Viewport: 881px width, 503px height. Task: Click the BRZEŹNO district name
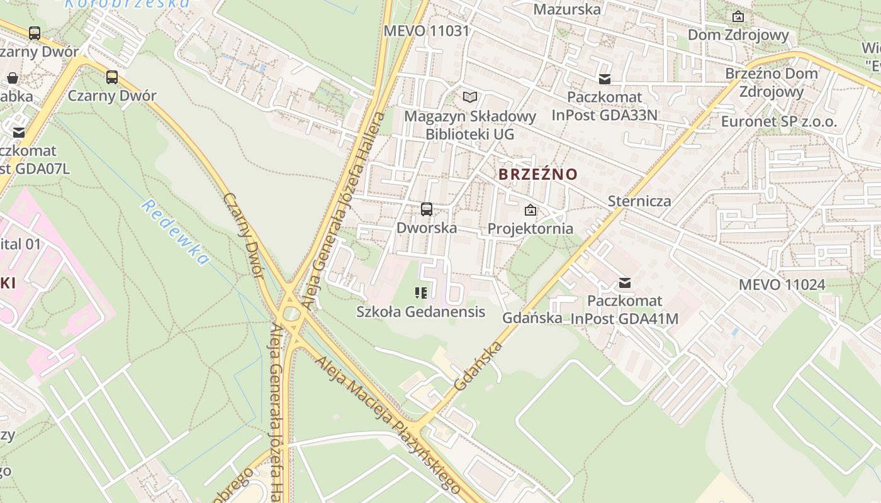coord(537,174)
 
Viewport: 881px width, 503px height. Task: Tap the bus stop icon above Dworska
coord(427,209)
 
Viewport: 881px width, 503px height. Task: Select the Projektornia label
coord(530,228)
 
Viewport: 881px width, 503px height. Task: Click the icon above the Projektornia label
coord(530,210)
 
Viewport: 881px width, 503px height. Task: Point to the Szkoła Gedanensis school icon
coord(421,292)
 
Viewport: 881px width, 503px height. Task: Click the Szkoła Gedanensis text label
coord(420,311)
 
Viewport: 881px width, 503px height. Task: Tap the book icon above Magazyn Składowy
coord(470,97)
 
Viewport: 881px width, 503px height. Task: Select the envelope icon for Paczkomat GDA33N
coord(605,79)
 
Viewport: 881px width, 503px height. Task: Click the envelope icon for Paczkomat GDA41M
coord(625,283)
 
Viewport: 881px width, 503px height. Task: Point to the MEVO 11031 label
coord(427,31)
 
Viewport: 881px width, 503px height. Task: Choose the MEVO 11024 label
coord(782,284)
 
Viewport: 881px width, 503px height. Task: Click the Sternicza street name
coord(639,201)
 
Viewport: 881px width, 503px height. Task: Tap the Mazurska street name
coord(567,9)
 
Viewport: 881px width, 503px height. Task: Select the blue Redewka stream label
coord(175,231)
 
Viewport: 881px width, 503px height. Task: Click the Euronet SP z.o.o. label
coord(779,121)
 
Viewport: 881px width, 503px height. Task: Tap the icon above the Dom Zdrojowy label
coord(738,16)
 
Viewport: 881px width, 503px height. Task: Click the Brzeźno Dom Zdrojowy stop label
coord(772,82)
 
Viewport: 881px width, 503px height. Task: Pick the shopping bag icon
coord(12,79)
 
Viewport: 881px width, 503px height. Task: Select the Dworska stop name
coord(427,228)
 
